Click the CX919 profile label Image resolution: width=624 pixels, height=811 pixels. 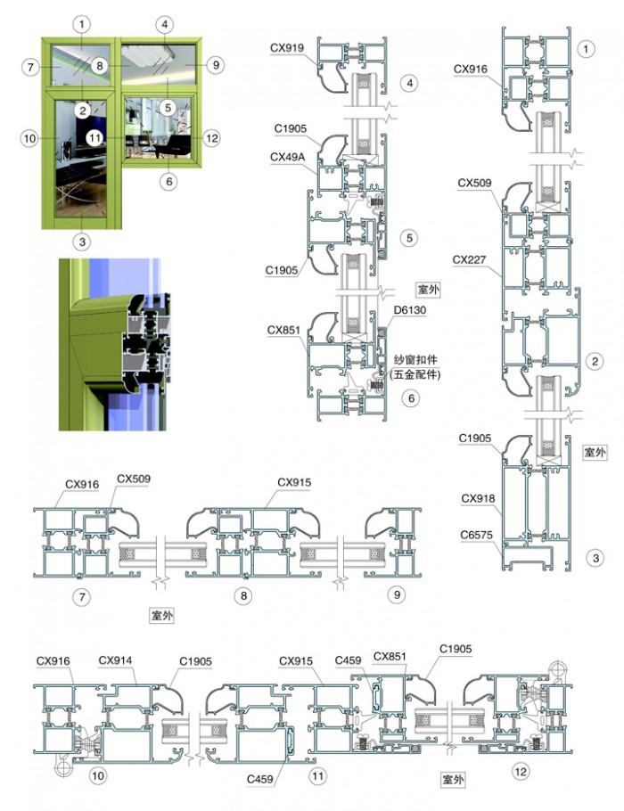click(287, 48)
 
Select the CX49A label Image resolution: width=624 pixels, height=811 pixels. click(288, 157)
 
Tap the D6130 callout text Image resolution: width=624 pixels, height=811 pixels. click(409, 310)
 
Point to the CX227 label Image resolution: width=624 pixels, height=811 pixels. click(469, 259)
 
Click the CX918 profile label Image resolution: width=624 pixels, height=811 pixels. click(478, 498)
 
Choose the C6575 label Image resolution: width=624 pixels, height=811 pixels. click(477, 535)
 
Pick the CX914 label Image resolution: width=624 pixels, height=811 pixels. click(115, 660)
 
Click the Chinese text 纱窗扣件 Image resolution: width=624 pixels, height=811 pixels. click(415, 360)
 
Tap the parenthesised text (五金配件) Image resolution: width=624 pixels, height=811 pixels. click(416, 374)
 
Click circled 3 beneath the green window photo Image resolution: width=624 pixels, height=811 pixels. click(82, 241)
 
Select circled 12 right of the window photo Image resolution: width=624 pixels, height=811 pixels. click(211, 138)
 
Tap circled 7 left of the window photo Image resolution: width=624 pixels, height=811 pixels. click(30, 67)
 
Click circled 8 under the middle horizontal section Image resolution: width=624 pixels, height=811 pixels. click(243, 595)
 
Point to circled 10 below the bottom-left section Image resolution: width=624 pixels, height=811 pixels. click(97, 775)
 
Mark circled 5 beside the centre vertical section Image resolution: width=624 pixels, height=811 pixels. click(409, 238)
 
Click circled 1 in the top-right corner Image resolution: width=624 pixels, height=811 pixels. click(586, 49)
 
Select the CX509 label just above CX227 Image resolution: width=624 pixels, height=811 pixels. click(474, 183)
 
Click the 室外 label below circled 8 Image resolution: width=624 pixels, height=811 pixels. click(162, 616)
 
